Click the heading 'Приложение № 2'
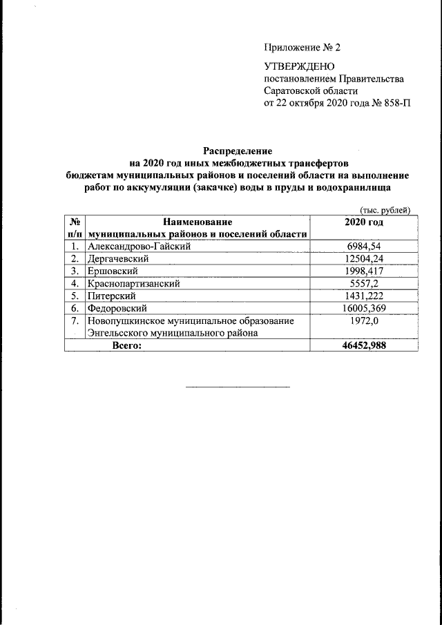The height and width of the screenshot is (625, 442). [x=302, y=48]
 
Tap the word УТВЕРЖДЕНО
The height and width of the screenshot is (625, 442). [x=299, y=66]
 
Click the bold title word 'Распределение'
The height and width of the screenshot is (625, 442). [x=238, y=151]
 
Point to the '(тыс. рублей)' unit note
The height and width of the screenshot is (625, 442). [x=385, y=211]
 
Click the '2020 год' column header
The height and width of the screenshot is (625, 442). [x=363, y=222]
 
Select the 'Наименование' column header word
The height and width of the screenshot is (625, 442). [x=197, y=222]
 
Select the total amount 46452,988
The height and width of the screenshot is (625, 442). [x=363, y=345]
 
